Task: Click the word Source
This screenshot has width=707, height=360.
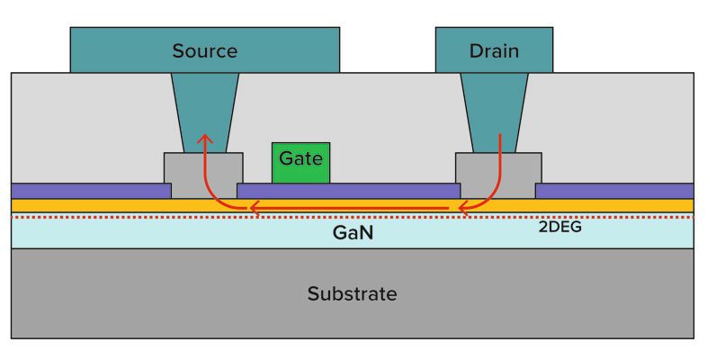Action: (204, 50)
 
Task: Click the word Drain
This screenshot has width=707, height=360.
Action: (494, 50)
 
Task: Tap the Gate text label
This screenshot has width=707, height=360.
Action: (300, 158)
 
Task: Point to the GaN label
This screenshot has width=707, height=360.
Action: (353, 232)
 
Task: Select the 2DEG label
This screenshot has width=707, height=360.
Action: (559, 228)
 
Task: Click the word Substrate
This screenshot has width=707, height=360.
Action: (352, 293)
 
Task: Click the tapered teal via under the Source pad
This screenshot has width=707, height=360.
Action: (205, 108)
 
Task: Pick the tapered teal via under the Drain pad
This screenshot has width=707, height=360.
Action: (494, 108)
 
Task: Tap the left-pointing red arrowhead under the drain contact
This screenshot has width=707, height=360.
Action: (467, 210)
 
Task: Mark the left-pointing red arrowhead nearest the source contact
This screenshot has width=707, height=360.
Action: (255, 210)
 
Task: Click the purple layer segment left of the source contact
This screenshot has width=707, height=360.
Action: (90, 191)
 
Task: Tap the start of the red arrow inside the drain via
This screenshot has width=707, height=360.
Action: (500, 137)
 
